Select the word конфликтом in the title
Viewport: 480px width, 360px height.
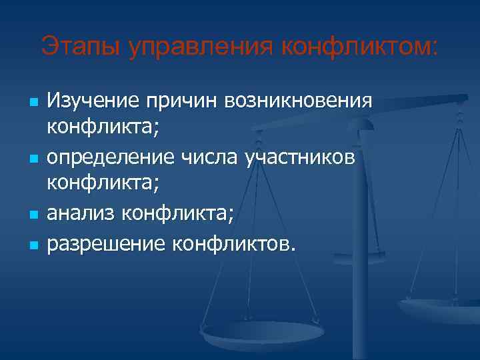point(359,47)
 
